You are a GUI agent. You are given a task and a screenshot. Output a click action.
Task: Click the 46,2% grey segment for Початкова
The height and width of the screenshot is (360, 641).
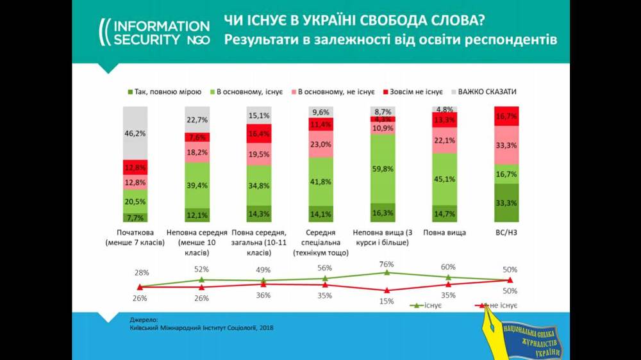(135, 133)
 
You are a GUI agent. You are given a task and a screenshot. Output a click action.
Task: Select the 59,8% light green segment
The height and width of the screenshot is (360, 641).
(383, 169)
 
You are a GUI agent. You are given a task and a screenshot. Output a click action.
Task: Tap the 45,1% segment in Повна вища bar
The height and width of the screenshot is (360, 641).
(444, 179)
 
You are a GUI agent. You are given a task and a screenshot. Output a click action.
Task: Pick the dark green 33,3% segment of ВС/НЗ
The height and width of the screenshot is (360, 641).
(506, 202)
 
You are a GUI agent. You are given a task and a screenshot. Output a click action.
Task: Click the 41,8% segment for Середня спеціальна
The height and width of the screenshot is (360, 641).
(320, 181)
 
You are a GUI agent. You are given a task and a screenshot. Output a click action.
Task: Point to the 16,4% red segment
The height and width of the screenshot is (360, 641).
(259, 134)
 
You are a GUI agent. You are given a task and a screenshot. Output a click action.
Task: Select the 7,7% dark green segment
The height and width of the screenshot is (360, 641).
(135, 218)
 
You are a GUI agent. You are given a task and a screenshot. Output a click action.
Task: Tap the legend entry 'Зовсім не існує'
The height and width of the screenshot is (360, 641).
(412, 92)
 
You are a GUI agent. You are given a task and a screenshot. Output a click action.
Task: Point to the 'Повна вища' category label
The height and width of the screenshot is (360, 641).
(444, 233)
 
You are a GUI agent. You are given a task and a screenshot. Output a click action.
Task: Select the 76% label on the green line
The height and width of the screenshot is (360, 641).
(387, 264)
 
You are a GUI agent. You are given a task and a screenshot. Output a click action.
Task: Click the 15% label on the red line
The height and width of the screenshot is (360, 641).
(387, 301)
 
